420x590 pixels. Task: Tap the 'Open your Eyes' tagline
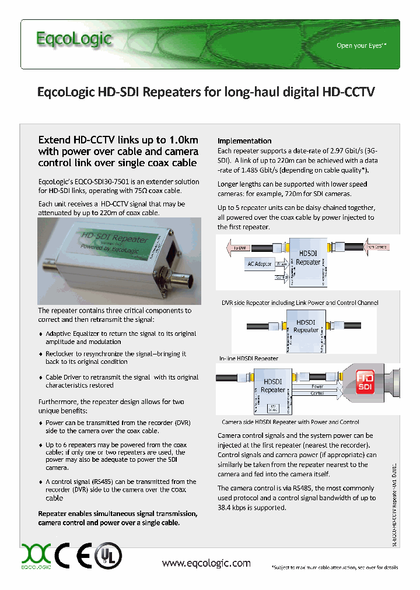click(x=361, y=45)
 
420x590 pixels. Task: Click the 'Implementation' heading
click(x=244, y=141)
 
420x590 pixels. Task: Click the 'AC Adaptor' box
click(x=258, y=264)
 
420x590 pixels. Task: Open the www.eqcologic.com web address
click(x=206, y=563)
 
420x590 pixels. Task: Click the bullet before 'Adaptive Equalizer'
click(x=40, y=334)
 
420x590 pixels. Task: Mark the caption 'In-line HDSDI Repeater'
click(x=249, y=358)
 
